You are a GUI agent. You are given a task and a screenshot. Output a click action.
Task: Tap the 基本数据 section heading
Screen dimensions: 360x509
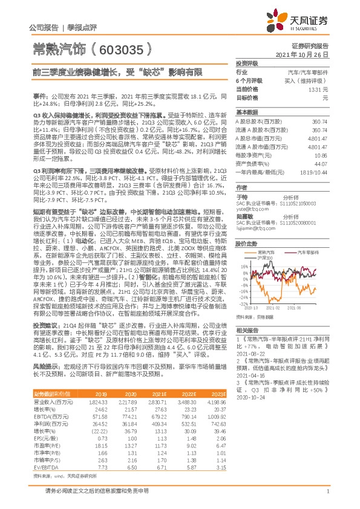tap(246, 112)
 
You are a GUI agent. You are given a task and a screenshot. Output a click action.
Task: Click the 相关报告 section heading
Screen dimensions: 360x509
tap(246, 330)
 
